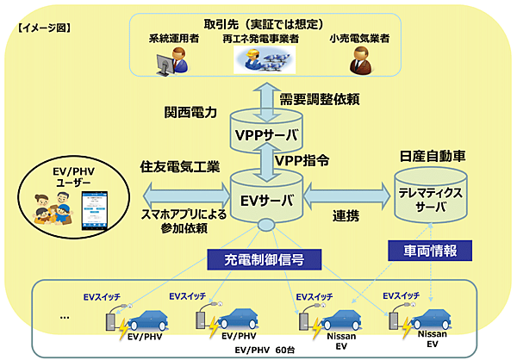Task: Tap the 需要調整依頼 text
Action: (321, 101)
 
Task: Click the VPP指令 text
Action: (302, 161)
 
